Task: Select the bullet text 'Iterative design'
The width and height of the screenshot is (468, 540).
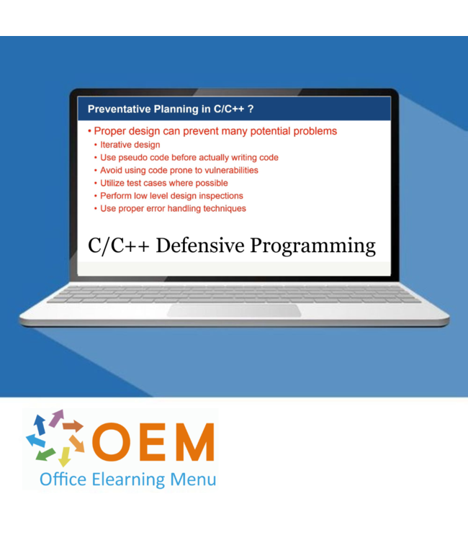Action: pos(130,145)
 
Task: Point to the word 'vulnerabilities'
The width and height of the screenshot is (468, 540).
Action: pos(230,171)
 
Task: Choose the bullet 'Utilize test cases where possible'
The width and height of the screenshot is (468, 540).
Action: pos(163,183)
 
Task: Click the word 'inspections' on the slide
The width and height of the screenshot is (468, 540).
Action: pos(218,196)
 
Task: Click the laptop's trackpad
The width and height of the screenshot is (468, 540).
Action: pos(234,310)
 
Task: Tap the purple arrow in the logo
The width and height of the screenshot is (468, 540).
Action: pos(55,418)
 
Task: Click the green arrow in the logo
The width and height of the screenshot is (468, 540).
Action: pos(45,454)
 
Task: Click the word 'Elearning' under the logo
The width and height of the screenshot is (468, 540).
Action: pos(125,478)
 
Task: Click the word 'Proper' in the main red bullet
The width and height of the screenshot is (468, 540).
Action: pos(111,131)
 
